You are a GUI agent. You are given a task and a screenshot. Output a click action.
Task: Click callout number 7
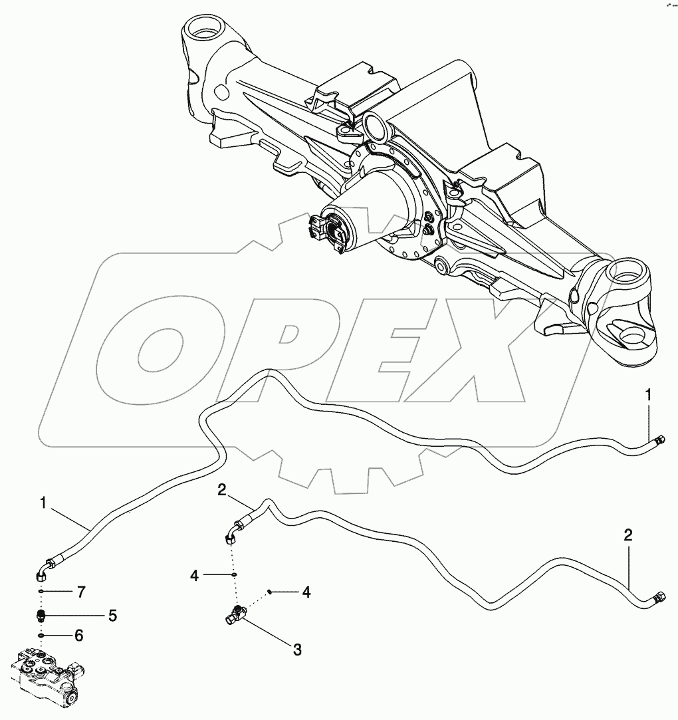point(81,591)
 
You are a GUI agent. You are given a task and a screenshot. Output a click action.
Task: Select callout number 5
point(112,616)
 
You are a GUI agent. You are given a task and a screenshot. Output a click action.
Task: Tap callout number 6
point(78,636)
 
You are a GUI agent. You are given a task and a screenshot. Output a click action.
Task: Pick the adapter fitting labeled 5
point(41,616)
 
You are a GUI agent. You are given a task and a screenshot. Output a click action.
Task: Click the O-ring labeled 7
point(41,591)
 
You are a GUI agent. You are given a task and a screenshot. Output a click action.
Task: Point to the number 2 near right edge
point(627,535)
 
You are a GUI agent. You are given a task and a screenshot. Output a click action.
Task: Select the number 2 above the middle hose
point(223,491)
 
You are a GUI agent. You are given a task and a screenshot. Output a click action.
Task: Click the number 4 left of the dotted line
point(194,574)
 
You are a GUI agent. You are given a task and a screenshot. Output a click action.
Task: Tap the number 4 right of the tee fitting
point(306,591)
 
